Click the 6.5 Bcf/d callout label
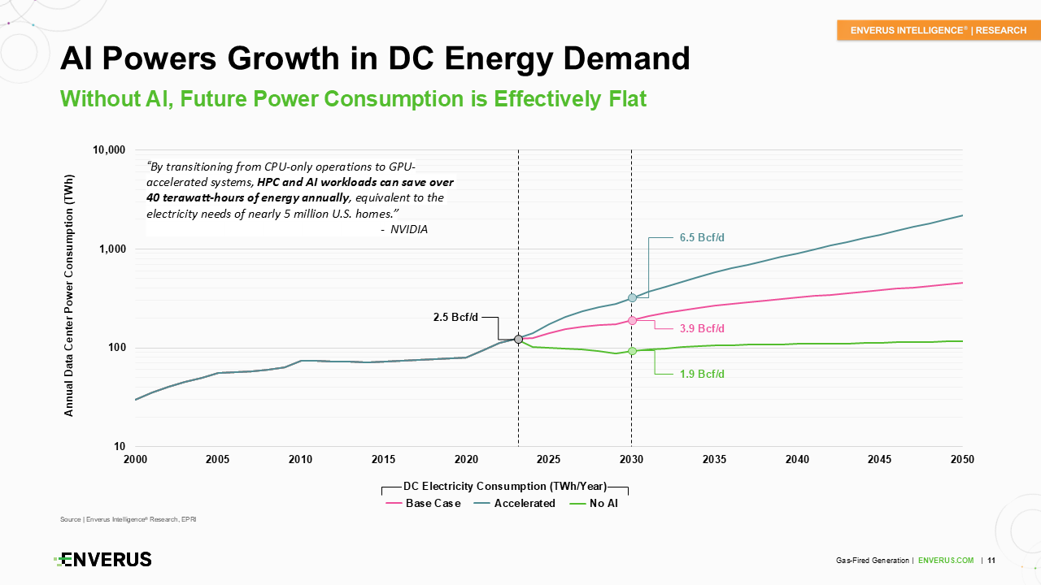[x=701, y=238]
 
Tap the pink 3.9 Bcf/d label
[x=701, y=328]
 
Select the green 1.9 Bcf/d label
[x=701, y=374]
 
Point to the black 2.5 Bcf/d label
[x=455, y=317]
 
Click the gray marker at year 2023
[x=518, y=339]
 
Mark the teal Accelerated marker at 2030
[x=632, y=298]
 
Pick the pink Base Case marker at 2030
[x=632, y=320]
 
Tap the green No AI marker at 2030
[x=632, y=351]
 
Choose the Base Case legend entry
[x=423, y=503]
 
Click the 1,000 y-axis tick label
[x=111, y=249]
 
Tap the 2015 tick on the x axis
[x=384, y=459]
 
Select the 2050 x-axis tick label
[x=962, y=459]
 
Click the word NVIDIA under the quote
[x=408, y=230]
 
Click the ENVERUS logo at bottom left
[x=103, y=559]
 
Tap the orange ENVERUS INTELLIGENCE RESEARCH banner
[x=938, y=30]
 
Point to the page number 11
[x=992, y=561]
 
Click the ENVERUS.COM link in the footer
[x=946, y=561]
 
